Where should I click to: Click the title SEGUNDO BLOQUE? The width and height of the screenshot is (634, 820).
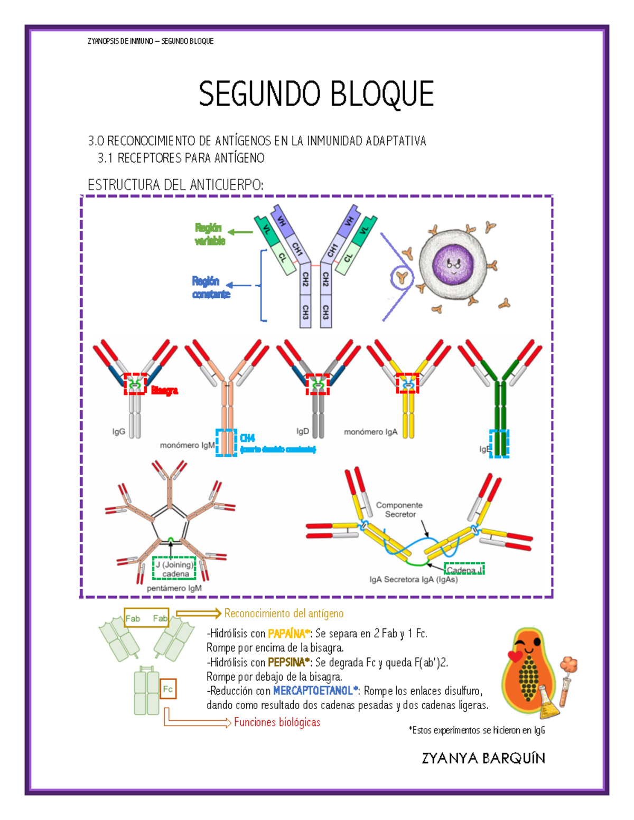click(x=316, y=94)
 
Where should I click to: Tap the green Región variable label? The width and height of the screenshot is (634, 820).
click(x=210, y=234)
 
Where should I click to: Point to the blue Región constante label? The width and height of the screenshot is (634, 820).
click(x=211, y=288)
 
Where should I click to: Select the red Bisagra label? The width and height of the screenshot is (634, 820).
click(x=164, y=391)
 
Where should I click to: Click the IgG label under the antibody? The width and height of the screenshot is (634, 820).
click(x=118, y=432)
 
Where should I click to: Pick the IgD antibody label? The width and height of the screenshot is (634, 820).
click(x=302, y=431)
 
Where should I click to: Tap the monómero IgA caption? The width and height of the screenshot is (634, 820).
click(x=370, y=432)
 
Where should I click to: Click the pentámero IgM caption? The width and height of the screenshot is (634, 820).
click(x=174, y=588)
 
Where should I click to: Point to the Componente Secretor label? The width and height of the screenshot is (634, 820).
click(x=399, y=510)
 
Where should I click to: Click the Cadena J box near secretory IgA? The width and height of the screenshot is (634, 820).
click(x=464, y=570)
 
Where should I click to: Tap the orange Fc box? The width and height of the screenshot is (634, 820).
click(x=168, y=689)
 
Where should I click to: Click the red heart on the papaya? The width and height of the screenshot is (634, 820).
click(x=515, y=656)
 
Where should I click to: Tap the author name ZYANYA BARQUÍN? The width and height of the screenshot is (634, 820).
click(x=483, y=759)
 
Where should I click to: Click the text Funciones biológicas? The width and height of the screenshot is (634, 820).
click(x=277, y=722)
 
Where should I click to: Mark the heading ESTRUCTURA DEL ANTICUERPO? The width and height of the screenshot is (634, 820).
click(x=175, y=185)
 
